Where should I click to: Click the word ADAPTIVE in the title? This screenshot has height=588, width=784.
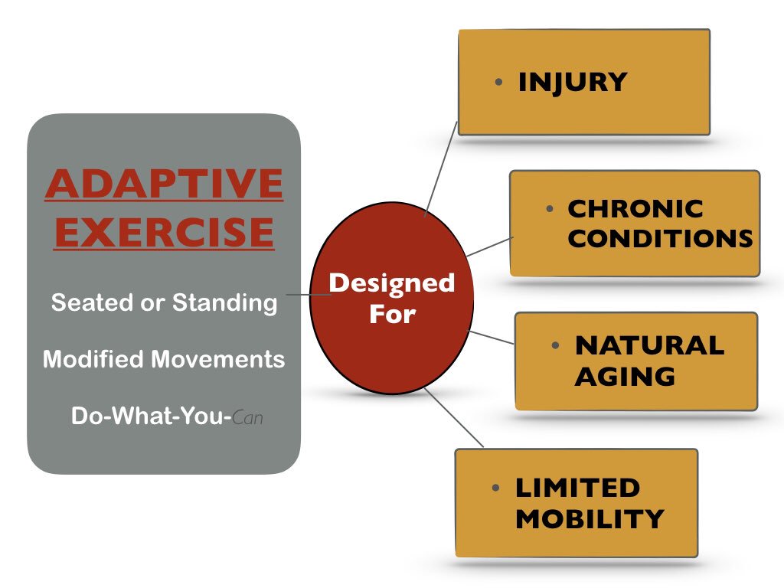tap(164, 184)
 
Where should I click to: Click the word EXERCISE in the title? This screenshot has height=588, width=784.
tap(164, 232)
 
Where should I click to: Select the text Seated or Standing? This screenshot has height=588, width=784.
tap(164, 302)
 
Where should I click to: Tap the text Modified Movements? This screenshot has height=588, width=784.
tap(164, 359)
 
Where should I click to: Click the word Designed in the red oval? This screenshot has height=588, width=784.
tap(391, 283)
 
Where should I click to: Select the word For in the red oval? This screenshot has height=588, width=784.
tap(391, 314)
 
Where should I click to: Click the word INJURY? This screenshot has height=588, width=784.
tap(572, 83)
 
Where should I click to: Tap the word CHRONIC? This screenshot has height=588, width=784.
tap(635, 209)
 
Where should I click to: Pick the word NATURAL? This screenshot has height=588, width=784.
tap(649, 345)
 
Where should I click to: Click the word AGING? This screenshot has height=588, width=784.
tap(625, 376)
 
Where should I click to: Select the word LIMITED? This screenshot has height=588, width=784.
tap(577, 488)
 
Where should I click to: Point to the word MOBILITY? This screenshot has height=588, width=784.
tap(589, 518)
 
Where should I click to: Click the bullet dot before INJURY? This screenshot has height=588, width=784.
tap(498, 81)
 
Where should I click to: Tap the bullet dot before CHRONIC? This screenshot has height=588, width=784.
tap(549, 208)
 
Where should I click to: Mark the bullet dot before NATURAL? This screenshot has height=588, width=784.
tap(555, 345)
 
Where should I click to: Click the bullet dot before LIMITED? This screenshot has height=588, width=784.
tap(496, 488)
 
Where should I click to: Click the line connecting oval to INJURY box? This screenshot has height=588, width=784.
tap(441, 168)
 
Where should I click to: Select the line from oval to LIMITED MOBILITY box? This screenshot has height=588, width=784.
tap(453, 417)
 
